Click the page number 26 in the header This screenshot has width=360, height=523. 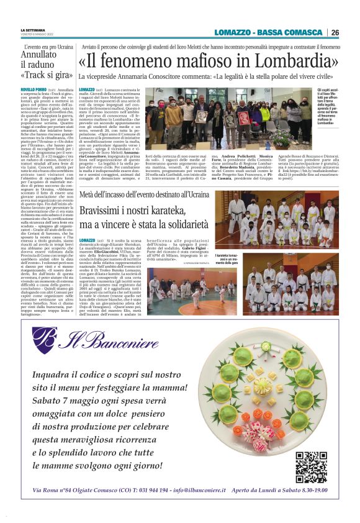tap(335, 32)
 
